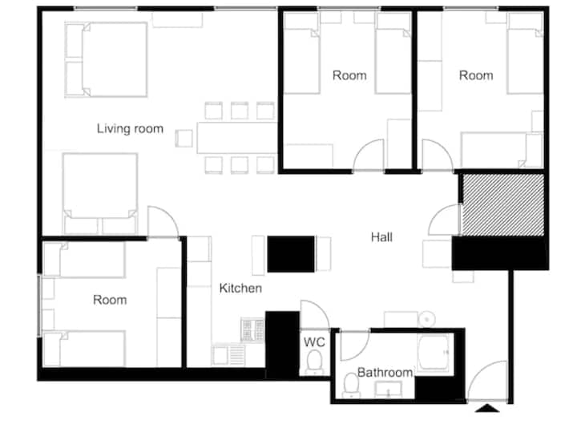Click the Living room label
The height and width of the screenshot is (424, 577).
(x=130, y=128)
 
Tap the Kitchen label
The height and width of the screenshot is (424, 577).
(x=240, y=289)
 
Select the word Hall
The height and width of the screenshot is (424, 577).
(x=381, y=237)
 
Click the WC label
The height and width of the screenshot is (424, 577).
(x=314, y=342)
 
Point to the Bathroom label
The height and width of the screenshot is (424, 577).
(x=385, y=373)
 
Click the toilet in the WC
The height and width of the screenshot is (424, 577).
(x=315, y=361)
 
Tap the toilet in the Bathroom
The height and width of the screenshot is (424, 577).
(x=351, y=385)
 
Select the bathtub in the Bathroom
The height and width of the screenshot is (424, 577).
(x=433, y=352)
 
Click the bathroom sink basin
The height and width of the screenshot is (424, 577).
(x=388, y=389)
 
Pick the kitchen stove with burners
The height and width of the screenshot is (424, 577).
(x=252, y=329)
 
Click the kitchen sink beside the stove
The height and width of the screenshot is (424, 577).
(x=228, y=355)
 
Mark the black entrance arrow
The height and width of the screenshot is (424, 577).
(x=487, y=408)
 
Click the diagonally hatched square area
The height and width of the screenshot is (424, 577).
(x=503, y=204)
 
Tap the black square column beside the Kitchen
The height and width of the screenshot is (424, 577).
(x=291, y=254)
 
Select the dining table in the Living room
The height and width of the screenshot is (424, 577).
(x=237, y=138)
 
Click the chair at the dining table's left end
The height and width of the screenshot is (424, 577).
(x=184, y=139)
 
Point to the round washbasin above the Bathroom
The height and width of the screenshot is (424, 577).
(x=427, y=319)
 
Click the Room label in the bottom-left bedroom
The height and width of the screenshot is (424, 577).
(x=110, y=300)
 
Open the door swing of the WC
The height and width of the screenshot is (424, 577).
(x=314, y=314)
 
